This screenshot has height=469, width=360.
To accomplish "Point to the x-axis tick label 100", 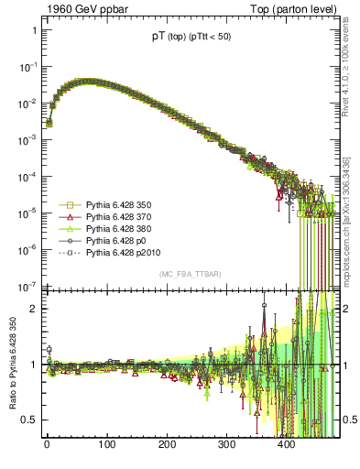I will pos(106,444).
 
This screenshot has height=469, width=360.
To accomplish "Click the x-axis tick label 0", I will pos(47,444).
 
